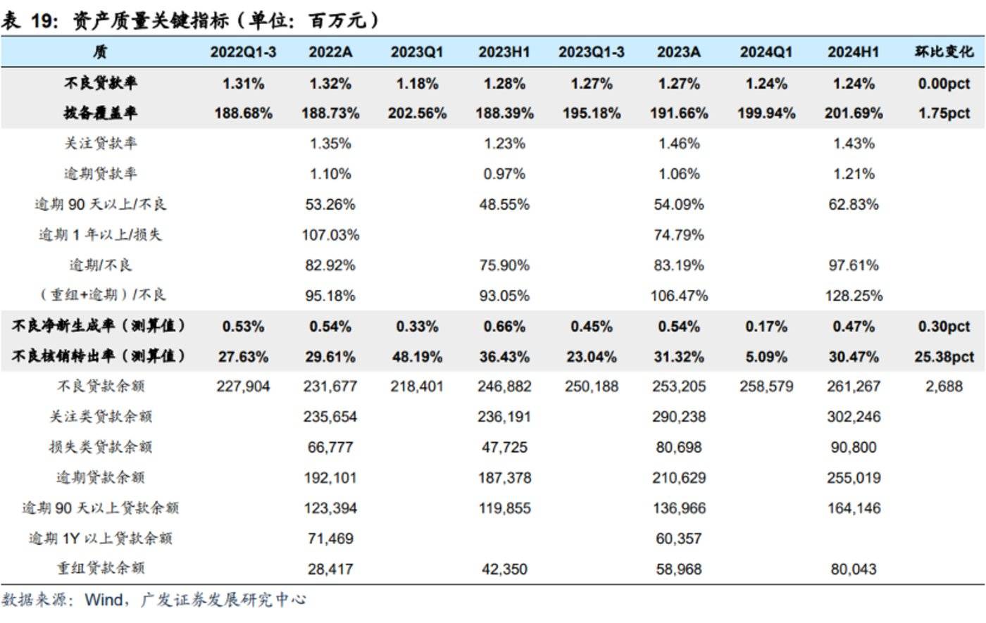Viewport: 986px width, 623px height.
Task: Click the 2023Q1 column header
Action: [x=417, y=52]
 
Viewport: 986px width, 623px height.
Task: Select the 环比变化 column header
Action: [x=944, y=52]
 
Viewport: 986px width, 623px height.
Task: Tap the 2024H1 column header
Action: [x=853, y=52]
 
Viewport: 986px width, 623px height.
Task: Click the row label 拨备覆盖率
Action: [x=101, y=113]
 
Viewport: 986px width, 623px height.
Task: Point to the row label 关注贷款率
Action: [x=101, y=144]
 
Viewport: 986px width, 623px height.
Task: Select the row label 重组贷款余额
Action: [x=101, y=569]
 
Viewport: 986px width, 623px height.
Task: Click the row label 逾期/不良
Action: [x=101, y=265]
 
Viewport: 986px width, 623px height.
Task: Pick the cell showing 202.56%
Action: [x=417, y=113]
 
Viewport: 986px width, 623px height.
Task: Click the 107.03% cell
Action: [x=330, y=235]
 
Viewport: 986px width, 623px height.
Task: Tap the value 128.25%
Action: [x=854, y=296]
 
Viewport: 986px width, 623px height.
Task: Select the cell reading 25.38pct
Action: [x=944, y=357]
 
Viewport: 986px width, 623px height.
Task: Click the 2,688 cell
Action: [x=944, y=386]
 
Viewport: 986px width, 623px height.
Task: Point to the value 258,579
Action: [x=766, y=386]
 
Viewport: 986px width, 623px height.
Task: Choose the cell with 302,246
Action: [x=854, y=417]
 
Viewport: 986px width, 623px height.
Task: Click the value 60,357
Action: [x=679, y=539]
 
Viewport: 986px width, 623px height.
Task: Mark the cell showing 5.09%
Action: [x=766, y=357]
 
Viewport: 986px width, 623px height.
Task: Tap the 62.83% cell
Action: [x=854, y=205]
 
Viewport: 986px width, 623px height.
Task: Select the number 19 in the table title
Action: [x=43, y=20]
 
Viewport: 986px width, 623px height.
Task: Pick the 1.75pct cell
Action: [x=944, y=113]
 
